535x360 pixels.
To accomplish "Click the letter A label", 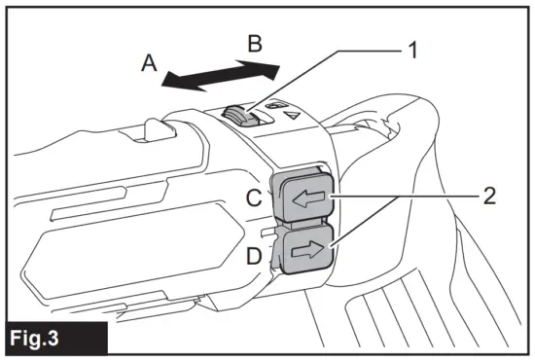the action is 149,62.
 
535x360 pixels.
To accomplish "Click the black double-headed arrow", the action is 220,75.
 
